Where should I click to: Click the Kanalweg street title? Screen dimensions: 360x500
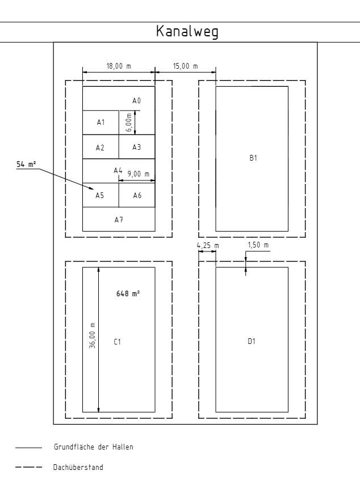point(187,32)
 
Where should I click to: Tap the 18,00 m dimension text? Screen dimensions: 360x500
point(119,66)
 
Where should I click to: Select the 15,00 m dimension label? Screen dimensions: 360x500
point(186,66)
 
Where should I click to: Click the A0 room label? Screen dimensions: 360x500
point(137,101)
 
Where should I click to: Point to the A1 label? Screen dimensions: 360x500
point(101,122)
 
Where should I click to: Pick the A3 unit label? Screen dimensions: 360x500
point(137,147)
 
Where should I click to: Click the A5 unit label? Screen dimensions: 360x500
point(100,195)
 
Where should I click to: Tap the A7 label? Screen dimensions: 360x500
point(119,220)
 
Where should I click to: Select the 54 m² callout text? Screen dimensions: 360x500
point(26,164)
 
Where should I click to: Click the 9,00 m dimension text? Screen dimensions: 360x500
point(139,174)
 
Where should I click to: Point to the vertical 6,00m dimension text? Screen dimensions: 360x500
point(128,123)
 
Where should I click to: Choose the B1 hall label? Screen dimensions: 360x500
point(253,158)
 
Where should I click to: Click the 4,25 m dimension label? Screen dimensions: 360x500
point(208,246)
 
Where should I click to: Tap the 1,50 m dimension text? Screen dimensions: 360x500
point(258,245)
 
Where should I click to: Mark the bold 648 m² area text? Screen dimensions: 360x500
point(128,293)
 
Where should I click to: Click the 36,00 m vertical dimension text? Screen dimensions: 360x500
point(92,335)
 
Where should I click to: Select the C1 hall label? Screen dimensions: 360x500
point(117,342)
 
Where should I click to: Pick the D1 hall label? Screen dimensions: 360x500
point(252,341)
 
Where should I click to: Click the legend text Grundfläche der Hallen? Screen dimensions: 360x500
point(94,447)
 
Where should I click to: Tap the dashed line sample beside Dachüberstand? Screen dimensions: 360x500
point(29,467)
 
